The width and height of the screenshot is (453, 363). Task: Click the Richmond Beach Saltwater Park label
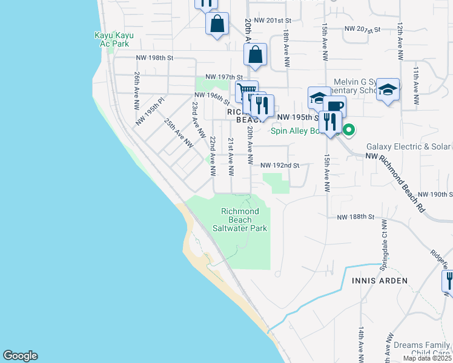coord(240,220)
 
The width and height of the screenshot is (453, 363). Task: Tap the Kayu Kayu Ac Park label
coord(113,39)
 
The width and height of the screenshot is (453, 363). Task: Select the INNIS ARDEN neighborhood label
coord(377,281)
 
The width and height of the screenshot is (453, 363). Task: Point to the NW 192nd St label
coord(280,165)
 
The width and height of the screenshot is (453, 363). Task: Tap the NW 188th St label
coord(357,217)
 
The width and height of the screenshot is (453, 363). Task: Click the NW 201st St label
coord(267,20)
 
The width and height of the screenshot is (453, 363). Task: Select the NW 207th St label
coord(362,29)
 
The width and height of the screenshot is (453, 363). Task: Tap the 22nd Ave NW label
coord(213,155)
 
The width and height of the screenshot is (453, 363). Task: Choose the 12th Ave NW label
coord(400,42)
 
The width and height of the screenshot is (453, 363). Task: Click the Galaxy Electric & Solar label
coord(408,146)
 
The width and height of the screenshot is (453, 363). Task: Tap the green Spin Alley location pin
coord(349,129)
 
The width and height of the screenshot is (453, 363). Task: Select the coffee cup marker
coord(334,105)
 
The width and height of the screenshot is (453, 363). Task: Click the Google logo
coord(20,356)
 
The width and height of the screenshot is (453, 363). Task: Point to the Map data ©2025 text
coord(428,358)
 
